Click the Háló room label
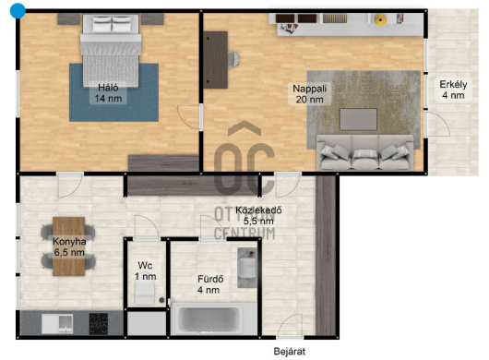pos(108,93)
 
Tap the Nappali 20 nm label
pos(309,94)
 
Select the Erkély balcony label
pos(453,90)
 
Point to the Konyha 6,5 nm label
pos(69,246)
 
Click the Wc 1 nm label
pos(146,270)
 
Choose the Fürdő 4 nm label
pos(210,284)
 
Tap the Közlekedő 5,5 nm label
pos(258,216)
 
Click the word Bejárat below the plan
pos(290,352)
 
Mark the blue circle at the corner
pos(18,11)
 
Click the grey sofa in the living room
pos(364,152)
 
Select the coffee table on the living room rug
pos(358,119)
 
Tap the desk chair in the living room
pos(233,59)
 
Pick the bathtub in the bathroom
pos(209,319)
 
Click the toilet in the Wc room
pos(144,293)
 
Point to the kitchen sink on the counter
pos(58,323)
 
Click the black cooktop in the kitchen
pos(99,324)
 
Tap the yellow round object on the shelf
pos(380,19)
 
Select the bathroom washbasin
pos(247,268)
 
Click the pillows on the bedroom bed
pos(112,24)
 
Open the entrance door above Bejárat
pos(290,326)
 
